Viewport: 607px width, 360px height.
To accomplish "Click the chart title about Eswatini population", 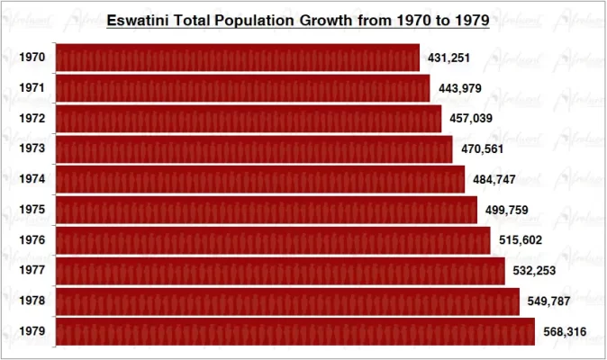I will click(297, 20).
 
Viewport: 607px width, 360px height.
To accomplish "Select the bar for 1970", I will click(238, 58).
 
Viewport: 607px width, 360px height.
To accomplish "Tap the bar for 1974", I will click(260, 179).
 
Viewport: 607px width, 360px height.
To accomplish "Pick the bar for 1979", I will click(295, 331).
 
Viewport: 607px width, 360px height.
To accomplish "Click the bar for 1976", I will click(273, 240).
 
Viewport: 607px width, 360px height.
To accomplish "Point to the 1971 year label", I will click(32, 88).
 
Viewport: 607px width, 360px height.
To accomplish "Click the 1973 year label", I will click(32, 149).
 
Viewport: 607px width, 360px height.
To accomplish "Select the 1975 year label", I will click(32, 210).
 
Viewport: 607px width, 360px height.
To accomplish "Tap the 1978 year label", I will click(32, 301).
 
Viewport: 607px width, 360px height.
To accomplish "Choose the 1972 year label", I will click(32, 119).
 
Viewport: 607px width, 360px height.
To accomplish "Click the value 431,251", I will click(448, 58).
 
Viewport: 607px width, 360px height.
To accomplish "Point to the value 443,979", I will click(459, 88).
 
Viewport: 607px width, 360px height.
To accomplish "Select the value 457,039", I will click(471, 119).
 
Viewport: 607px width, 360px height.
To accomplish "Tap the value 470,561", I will click(482, 149).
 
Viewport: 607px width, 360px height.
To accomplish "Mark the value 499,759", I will click(506, 211).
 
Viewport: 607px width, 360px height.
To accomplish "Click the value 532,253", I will click(534, 271).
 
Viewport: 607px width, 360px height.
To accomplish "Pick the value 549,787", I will click(548, 301).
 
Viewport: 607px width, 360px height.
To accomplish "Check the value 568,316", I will click(565, 332).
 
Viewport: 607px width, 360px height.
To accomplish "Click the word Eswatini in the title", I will click(139, 20).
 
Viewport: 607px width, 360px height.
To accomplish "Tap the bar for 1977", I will click(280, 271).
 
